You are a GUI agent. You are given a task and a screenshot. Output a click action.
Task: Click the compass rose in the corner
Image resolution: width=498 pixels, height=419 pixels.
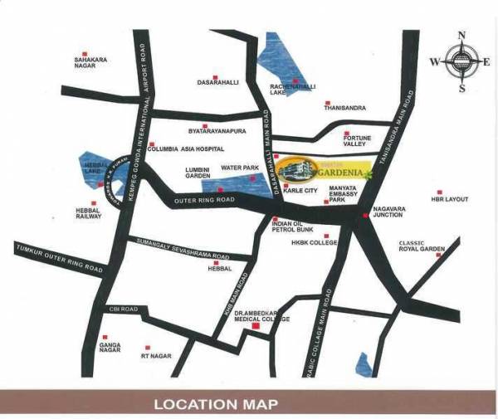pyautogui.click(x=460, y=61)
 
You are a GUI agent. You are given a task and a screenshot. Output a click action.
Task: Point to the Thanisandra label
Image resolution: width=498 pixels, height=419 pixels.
pyautogui.click(x=344, y=107)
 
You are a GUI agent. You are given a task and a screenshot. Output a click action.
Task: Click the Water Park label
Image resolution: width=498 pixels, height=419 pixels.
pyautogui.click(x=240, y=168)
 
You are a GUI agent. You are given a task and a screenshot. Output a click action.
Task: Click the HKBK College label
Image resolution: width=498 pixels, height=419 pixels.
pyautogui.click(x=314, y=242)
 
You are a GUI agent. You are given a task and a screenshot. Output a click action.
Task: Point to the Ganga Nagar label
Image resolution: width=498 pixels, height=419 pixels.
pyautogui.click(x=110, y=348)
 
